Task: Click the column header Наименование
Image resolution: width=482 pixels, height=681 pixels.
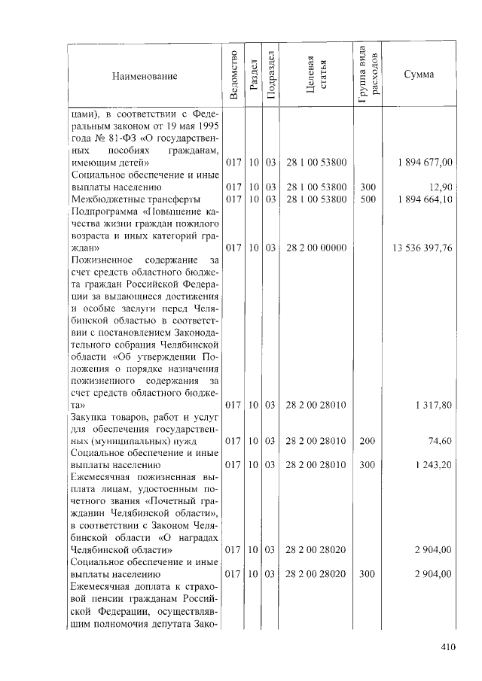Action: pyautogui.click(x=145, y=76)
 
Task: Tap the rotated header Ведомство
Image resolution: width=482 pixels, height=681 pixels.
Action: pyautogui.click(x=233, y=76)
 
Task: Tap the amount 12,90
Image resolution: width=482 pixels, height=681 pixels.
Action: pyautogui.click(x=441, y=186)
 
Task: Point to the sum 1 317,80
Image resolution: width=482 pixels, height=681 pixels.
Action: pyautogui.click(x=433, y=405)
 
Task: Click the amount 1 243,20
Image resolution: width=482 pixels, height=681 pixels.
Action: pyautogui.click(x=433, y=465)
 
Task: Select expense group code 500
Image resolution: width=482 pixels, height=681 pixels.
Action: pyautogui.click(x=368, y=198)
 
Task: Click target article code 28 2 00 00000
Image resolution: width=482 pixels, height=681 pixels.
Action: pyautogui.click(x=316, y=247)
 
